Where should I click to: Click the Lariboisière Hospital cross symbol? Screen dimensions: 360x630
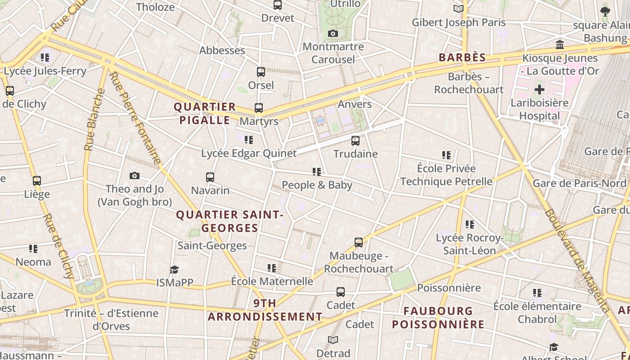[540, 90]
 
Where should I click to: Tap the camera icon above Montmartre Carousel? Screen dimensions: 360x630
[333, 34]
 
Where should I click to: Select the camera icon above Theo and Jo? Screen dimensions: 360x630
[134, 176]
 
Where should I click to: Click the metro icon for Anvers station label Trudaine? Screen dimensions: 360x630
[355, 141]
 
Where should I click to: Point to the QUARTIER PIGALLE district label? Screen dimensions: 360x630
[205, 113]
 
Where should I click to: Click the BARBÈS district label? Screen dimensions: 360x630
[463, 58]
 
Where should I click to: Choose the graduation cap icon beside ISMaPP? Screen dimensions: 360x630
[174, 270]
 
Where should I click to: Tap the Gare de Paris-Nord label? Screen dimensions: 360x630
[579, 184]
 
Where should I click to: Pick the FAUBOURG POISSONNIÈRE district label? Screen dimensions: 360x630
[438, 318]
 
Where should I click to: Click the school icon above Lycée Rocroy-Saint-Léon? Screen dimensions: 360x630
[469, 225]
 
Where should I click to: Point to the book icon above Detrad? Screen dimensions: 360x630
[333, 340]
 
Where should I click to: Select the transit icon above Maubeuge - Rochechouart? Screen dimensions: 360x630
[359, 243]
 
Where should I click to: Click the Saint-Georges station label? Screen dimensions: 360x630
[212, 246]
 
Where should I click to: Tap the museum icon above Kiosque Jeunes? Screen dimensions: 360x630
[560, 45]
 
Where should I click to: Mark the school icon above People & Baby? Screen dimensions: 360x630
[317, 172]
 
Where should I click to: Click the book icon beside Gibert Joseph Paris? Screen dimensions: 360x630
[459, 9]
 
